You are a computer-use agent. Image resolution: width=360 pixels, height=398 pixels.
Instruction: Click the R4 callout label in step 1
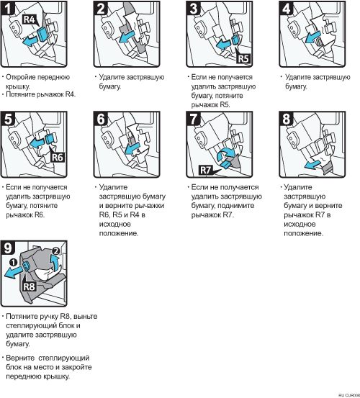click(30, 19)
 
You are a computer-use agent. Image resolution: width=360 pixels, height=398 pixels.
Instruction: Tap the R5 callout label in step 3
click(243, 58)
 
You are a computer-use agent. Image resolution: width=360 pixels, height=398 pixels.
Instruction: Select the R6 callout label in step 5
click(58, 158)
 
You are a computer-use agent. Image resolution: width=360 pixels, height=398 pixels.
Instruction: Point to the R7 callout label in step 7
click(206, 170)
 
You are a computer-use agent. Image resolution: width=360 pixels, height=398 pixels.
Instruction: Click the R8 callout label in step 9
click(30, 286)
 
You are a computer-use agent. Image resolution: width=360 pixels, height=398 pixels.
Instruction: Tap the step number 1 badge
click(8, 8)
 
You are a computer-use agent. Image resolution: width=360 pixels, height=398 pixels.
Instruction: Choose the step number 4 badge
click(286, 8)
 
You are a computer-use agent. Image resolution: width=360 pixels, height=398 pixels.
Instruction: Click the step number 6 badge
click(101, 119)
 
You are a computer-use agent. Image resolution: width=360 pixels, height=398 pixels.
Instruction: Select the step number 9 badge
click(8, 248)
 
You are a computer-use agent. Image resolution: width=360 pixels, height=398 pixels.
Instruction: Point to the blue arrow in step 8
click(312, 165)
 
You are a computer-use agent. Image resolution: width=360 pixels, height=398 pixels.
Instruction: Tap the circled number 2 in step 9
click(55, 251)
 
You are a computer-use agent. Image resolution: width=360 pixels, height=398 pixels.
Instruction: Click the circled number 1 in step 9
click(14, 262)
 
